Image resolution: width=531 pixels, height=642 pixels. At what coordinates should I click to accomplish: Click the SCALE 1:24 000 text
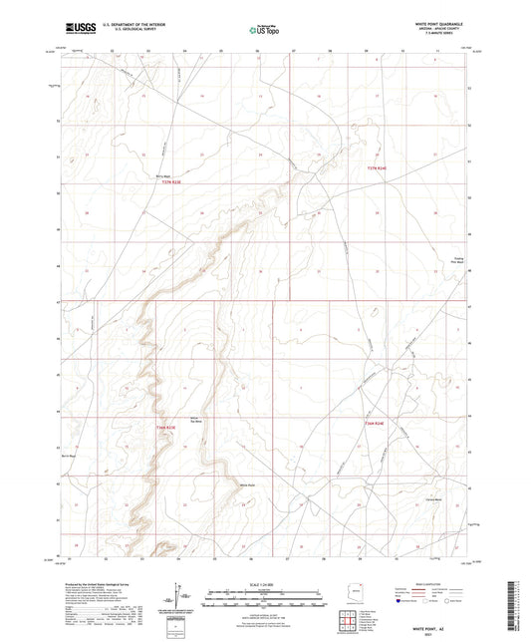pos(264,583)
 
